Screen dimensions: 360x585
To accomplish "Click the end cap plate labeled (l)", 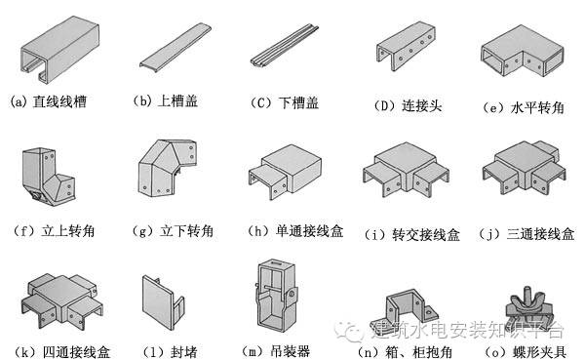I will (163, 298).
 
